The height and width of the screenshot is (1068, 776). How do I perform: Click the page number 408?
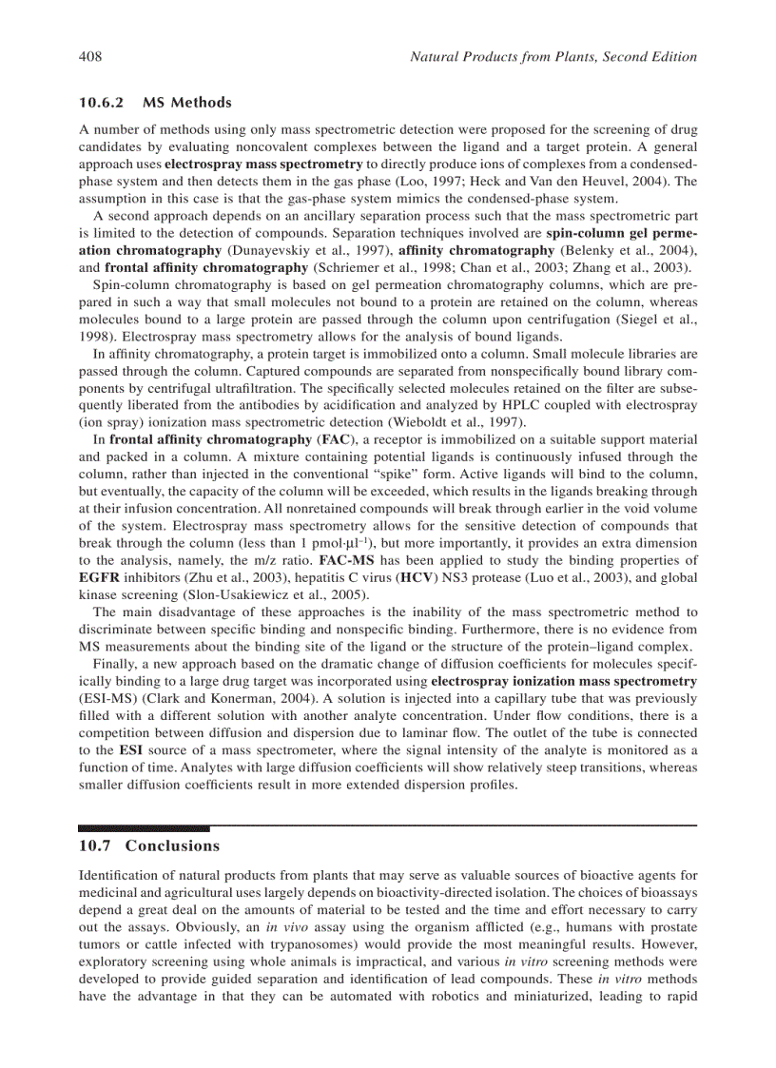click(90, 57)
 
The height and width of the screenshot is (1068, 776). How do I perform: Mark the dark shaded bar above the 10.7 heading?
click(144, 828)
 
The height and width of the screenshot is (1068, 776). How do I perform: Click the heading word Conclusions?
click(172, 845)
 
